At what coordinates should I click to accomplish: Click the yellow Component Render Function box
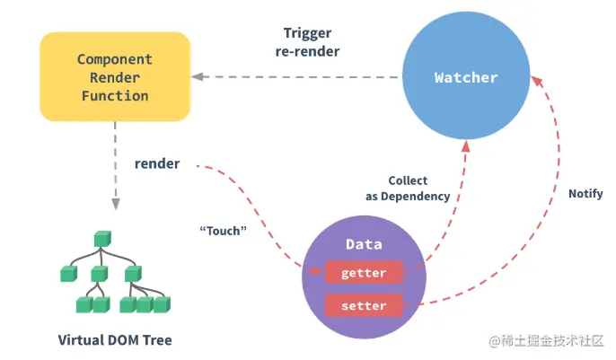tap(115, 76)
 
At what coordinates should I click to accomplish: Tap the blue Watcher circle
tap(466, 75)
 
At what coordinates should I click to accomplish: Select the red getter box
tap(364, 272)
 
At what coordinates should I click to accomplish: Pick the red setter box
tap(364, 305)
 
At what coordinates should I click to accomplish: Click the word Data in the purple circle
tap(364, 244)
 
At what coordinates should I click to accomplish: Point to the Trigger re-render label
tap(307, 42)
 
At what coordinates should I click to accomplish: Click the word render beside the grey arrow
tap(157, 163)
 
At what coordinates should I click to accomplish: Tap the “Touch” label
tap(223, 231)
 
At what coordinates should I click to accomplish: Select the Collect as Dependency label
tap(408, 188)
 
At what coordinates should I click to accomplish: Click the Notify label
tap(585, 194)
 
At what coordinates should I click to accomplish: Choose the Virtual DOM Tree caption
tap(115, 339)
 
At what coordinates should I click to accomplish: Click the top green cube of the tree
tap(102, 239)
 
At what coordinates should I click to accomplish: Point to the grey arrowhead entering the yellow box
tap(198, 77)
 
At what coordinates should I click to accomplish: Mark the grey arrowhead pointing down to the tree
tap(116, 204)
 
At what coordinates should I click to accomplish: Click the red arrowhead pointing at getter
tap(315, 270)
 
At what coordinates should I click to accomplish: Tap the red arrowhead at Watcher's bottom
tap(465, 146)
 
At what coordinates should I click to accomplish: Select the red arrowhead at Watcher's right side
tap(537, 81)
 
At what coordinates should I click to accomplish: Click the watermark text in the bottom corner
tap(546, 341)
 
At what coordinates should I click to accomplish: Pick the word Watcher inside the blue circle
tap(466, 77)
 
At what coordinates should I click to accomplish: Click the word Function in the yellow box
tap(115, 96)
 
